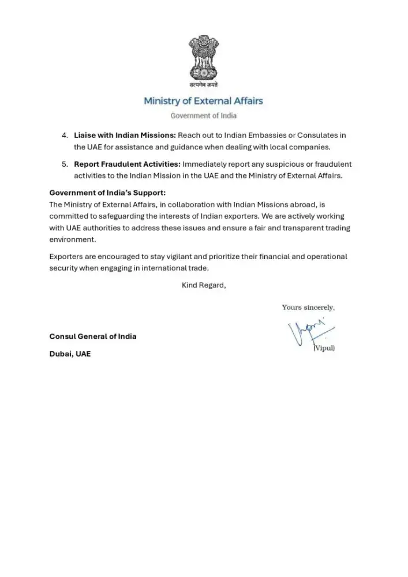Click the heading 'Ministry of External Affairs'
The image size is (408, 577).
point(203,101)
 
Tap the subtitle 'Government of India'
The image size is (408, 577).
point(203,115)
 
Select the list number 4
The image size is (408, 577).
point(65,135)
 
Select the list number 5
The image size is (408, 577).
point(65,164)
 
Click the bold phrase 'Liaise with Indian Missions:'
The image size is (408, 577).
point(121,135)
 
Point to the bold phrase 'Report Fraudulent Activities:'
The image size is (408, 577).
point(127,164)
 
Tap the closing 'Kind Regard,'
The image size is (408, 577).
point(204,285)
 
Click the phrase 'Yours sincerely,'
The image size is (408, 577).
point(308,307)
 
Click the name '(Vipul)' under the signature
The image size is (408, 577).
point(324,348)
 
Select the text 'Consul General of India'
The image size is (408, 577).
point(93,336)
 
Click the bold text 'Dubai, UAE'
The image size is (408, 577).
point(70,354)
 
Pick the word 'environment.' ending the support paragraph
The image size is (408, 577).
point(72,239)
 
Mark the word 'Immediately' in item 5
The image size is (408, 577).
point(204,164)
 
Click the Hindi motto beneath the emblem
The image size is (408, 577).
point(203,85)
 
